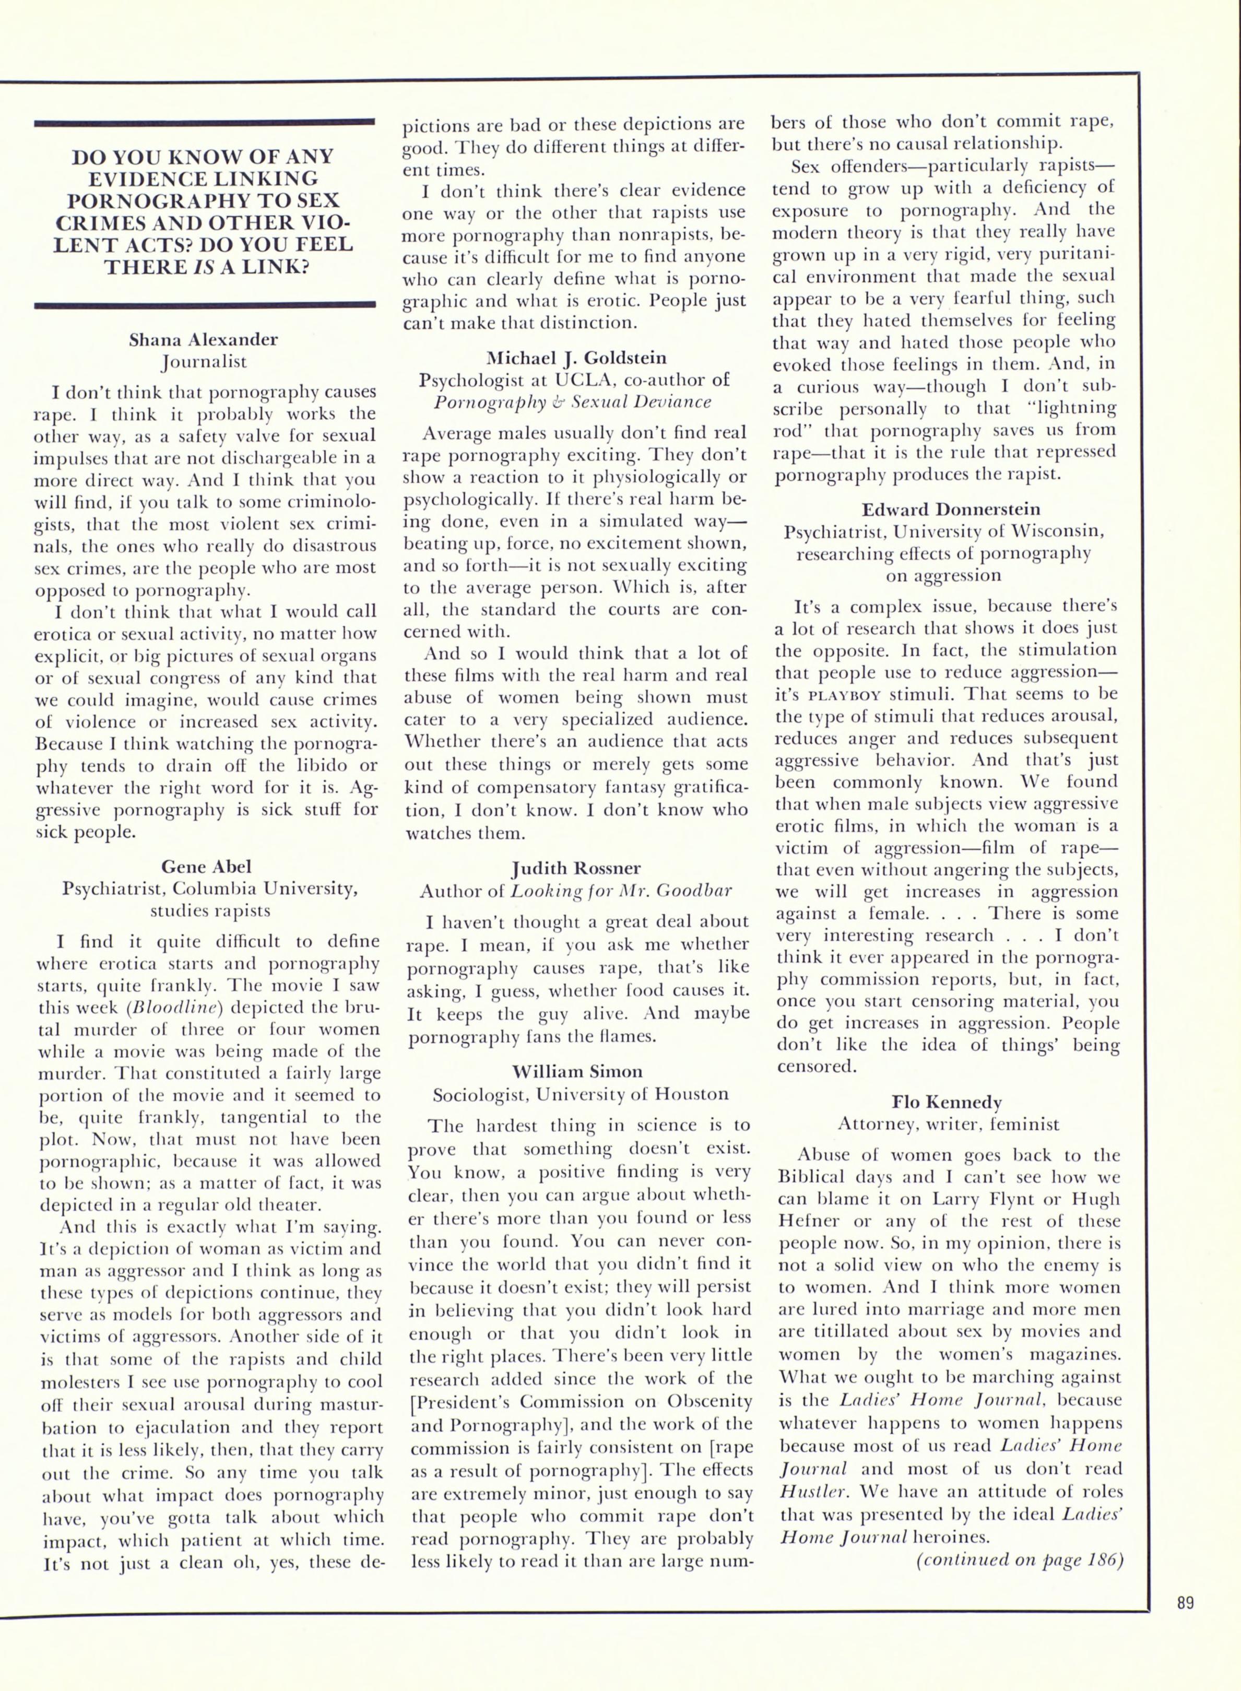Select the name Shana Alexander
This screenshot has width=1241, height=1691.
(x=204, y=339)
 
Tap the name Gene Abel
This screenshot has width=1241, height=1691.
(x=205, y=867)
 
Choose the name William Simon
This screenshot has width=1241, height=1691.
(x=576, y=1071)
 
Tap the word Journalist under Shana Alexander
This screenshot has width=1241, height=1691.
(x=204, y=361)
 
